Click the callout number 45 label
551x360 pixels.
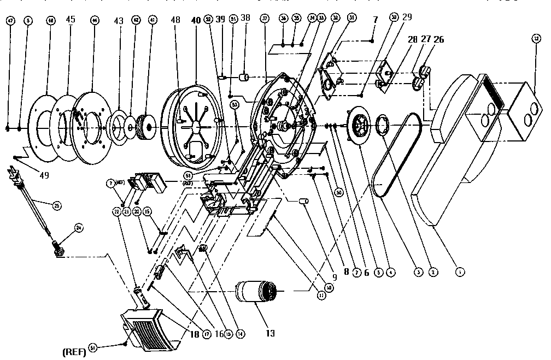click(x=70, y=21)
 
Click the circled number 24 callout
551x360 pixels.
click(x=79, y=229)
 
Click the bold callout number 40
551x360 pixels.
click(x=196, y=20)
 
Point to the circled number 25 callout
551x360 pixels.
click(x=56, y=206)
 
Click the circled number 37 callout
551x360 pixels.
click(x=265, y=19)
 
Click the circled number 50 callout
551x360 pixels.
click(x=338, y=192)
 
